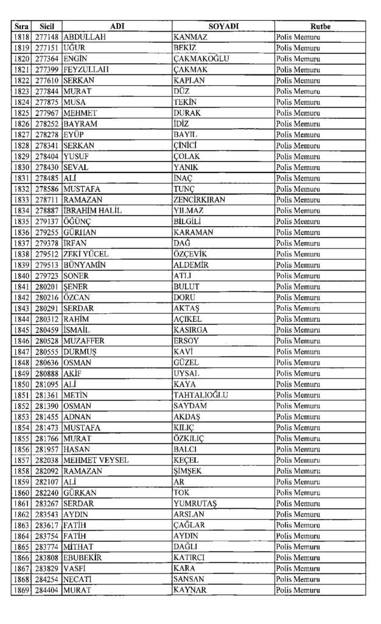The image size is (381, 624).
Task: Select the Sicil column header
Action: tap(47, 27)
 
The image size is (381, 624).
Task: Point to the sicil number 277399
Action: tap(47, 70)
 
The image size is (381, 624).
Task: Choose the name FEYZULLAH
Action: tap(86, 70)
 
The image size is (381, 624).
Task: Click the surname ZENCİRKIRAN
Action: tap(199, 200)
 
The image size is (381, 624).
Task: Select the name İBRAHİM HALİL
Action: tap(93, 211)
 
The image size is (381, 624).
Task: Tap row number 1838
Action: tap(21, 254)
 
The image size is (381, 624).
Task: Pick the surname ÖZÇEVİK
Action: tap(190, 254)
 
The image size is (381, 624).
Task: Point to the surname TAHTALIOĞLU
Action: tap(200, 395)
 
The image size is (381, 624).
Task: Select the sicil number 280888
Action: tap(47, 373)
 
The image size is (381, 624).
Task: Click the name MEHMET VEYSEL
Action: tap(96, 460)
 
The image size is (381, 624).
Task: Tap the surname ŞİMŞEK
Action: tap(187, 471)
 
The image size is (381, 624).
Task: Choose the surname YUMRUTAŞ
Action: tap(195, 503)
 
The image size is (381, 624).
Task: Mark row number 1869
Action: tap(21, 590)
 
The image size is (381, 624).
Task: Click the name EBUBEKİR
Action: tap(83, 558)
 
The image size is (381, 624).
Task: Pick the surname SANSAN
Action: tap(189, 579)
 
